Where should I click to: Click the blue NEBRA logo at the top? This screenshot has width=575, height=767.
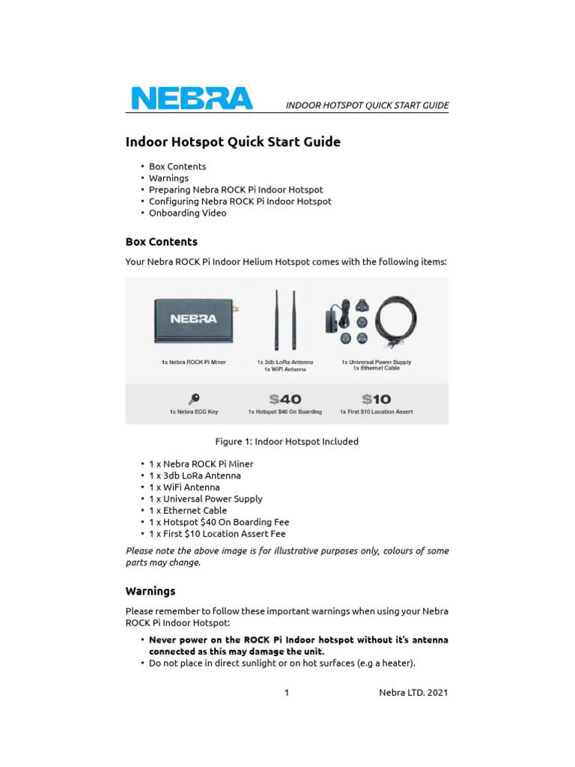click(192, 98)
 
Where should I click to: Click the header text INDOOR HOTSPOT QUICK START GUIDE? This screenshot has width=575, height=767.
click(367, 106)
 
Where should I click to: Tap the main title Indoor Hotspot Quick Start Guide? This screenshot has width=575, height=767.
click(232, 142)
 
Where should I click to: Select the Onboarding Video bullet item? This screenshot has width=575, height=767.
click(187, 213)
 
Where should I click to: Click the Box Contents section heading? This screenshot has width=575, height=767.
click(161, 242)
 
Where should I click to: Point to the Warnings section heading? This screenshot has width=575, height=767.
click(150, 591)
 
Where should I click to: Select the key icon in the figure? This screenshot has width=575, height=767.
click(193, 398)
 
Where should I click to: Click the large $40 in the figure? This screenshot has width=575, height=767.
click(285, 399)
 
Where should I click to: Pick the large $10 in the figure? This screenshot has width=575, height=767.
click(376, 399)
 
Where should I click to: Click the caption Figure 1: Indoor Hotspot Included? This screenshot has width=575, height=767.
click(287, 441)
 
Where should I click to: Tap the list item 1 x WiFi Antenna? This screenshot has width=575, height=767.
click(184, 487)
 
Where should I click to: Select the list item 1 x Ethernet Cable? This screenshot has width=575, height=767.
click(188, 510)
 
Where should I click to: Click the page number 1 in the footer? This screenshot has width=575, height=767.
click(287, 693)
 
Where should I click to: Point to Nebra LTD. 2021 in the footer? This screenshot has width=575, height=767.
click(413, 693)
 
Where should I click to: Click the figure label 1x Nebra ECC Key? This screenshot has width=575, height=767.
click(193, 412)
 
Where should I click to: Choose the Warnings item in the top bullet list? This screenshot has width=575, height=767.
click(168, 178)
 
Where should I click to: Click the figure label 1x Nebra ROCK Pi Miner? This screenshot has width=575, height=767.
click(193, 362)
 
